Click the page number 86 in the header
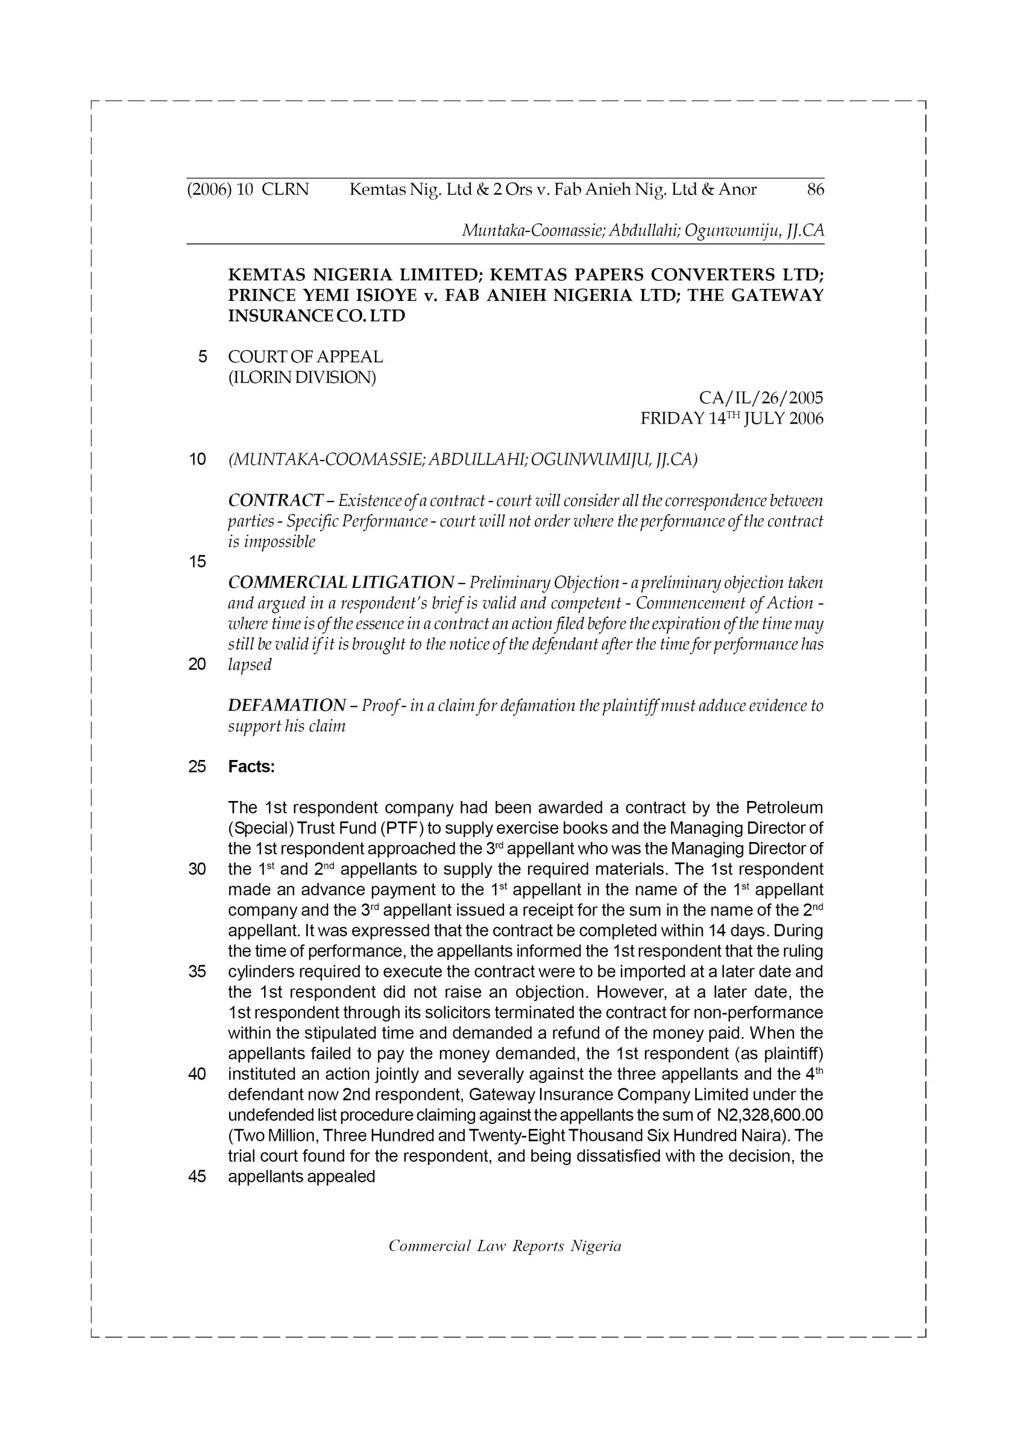coord(815,189)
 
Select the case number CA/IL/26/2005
coord(760,398)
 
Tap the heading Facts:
coord(251,767)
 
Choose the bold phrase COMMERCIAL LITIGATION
coord(340,583)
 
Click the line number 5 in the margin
coord(202,357)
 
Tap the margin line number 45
coord(197,1177)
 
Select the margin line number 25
coord(197,767)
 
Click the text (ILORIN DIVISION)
coord(301,377)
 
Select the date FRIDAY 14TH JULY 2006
coord(731,418)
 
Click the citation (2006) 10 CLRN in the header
coord(248,189)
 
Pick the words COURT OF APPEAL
coord(305,357)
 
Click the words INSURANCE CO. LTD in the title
coord(316,316)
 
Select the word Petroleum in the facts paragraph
coord(784,807)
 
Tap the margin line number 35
coord(197,972)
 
